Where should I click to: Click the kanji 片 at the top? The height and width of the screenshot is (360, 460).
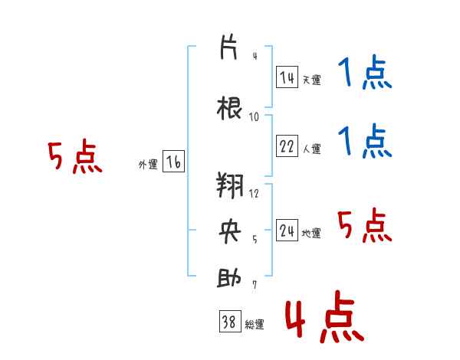pyautogui.click(x=228, y=47)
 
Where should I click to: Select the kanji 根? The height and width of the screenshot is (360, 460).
pyautogui.click(x=229, y=108)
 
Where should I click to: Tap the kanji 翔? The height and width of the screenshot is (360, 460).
pyautogui.click(x=230, y=185)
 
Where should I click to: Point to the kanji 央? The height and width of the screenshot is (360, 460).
pyautogui.click(x=230, y=231)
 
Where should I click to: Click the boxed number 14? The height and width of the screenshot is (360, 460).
pyautogui.click(x=287, y=77)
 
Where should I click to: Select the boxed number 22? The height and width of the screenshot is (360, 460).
pyautogui.click(x=287, y=146)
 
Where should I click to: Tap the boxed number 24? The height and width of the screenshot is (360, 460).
pyautogui.click(x=287, y=230)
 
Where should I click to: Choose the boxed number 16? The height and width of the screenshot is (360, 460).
pyautogui.click(x=173, y=162)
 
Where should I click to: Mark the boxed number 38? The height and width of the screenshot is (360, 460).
pyautogui.click(x=230, y=321)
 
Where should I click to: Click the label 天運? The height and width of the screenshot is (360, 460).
pyautogui.click(x=311, y=80)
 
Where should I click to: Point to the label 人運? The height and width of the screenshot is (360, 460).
pyautogui.click(x=311, y=149)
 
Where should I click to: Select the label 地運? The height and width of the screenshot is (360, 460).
pyautogui.click(x=311, y=233)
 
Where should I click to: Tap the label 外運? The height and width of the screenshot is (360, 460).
pyautogui.click(x=148, y=165)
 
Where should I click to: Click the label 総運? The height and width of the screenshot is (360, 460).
pyautogui.click(x=255, y=324)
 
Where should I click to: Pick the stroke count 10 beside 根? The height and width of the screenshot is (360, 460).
pyautogui.click(x=254, y=117)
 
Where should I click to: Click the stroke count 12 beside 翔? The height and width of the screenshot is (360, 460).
pyautogui.click(x=254, y=193)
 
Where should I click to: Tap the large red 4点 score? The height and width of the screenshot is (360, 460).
pyautogui.click(x=324, y=316)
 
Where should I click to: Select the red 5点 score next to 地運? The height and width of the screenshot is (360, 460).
pyautogui.click(x=365, y=225)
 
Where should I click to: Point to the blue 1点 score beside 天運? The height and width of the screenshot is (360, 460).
pyautogui.click(x=365, y=71)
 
